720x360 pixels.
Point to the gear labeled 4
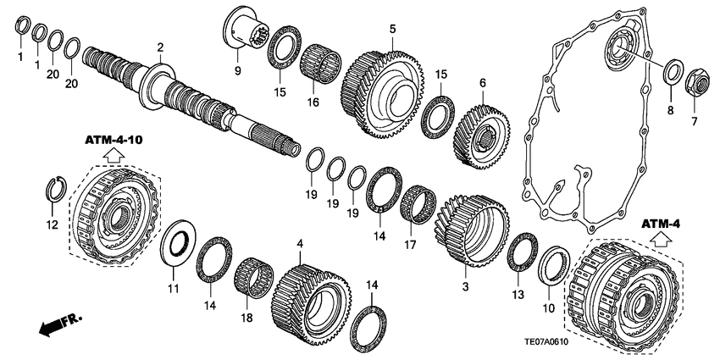click(x=312, y=293)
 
